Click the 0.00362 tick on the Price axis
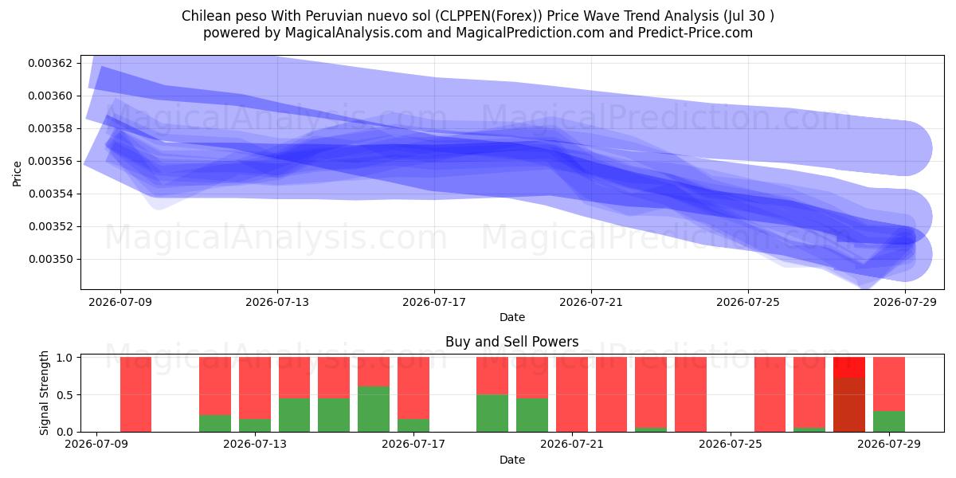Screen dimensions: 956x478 click(x=50, y=63)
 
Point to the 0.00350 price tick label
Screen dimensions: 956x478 click(x=50, y=259)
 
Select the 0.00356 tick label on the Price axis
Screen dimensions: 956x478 click(x=50, y=161)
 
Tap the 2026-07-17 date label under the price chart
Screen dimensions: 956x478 click(x=434, y=302)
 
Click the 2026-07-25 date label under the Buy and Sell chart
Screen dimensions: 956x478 click(x=731, y=445)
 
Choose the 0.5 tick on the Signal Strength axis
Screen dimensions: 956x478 click(x=65, y=395)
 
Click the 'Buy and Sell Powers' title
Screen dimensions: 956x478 click(x=512, y=342)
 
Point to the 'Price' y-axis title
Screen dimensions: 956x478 click(x=17, y=174)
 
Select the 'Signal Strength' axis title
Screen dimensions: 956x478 click(x=44, y=393)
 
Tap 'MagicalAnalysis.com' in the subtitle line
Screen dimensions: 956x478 click(x=354, y=33)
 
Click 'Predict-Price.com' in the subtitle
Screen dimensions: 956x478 click(x=695, y=33)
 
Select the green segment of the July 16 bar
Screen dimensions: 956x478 click(x=374, y=409)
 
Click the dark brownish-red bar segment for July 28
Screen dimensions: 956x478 click(x=849, y=405)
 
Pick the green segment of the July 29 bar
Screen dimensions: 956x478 click(x=889, y=421)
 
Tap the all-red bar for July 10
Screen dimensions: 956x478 click(x=135, y=394)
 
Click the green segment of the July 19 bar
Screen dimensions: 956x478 click(x=492, y=413)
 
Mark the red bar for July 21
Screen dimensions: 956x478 click(x=572, y=394)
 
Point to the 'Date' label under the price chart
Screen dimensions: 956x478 click(x=512, y=317)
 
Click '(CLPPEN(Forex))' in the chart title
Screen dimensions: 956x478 click(x=488, y=16)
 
